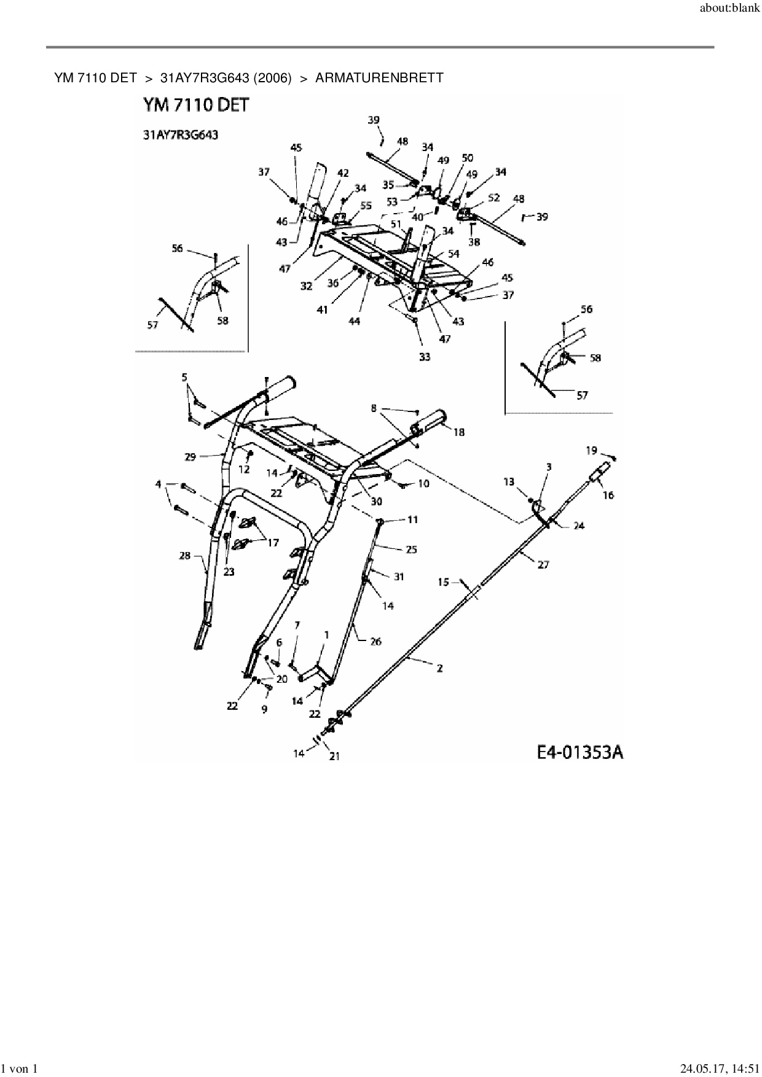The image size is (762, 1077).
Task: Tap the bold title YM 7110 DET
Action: [196, 106]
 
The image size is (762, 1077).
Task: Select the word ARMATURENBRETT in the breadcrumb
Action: [379, 78]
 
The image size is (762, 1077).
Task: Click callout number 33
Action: [425, 357]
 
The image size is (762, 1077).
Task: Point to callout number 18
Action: [459, 432]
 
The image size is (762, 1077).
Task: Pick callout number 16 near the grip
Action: [608, 495]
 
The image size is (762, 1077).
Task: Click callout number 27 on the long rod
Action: [543, 564]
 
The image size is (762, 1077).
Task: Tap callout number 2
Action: [440, 669]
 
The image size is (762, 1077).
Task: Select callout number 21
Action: [334, 756]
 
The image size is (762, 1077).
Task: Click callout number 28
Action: [185, 556]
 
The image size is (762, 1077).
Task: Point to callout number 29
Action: [190, 456]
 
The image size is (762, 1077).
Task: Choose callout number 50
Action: [467, 158]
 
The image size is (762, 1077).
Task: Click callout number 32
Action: [307, 286]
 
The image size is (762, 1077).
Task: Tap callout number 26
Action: [375, 642]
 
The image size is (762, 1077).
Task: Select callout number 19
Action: [591, 451]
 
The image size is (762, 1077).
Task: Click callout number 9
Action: [264, 709]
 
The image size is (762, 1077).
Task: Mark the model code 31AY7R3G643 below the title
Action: [180, 135]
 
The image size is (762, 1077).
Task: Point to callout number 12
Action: [244, 469]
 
